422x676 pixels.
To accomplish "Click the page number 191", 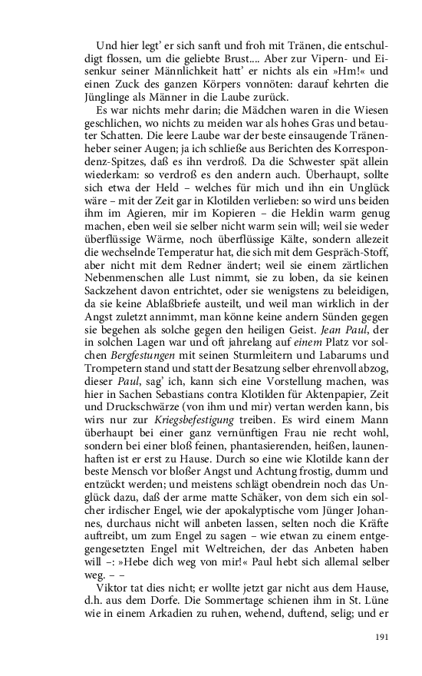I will (x=383, y=637).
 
